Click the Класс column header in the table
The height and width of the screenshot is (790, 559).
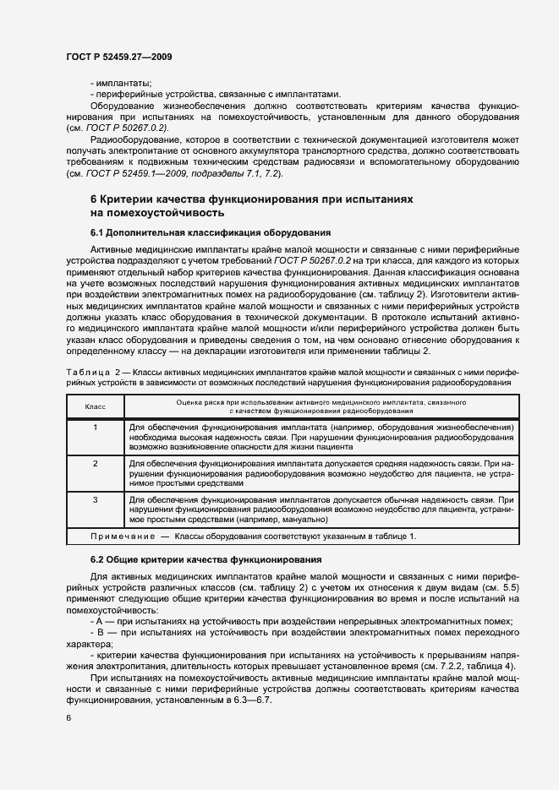pos(96,406)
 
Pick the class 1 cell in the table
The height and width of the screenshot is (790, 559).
pos(96,428)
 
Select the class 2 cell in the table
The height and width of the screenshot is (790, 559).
pos(96,464)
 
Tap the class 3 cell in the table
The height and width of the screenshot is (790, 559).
pos(96,499)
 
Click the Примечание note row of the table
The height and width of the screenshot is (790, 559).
pos(253,536)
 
